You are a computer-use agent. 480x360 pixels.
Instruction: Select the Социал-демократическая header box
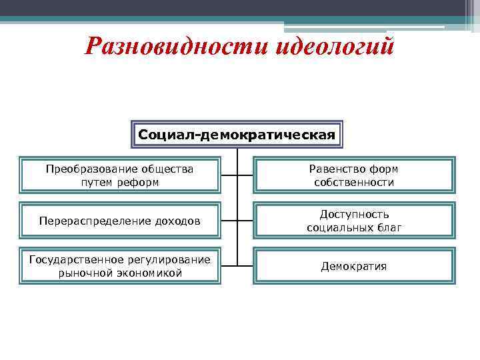tap(237, 135)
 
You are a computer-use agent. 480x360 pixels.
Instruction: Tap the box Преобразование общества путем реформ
tap(119, 175)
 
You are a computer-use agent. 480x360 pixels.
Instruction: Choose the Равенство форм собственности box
tap(354, 175)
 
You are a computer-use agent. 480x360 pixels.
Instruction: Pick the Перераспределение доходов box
tap(119, 221)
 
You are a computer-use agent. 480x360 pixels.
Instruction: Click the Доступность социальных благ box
tap(354, 221)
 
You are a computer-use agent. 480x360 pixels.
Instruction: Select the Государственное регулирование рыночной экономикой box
tap(119, 266)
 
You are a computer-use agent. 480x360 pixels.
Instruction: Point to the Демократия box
tap(354, 266)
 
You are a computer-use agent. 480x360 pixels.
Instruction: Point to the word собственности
tap(354, 182)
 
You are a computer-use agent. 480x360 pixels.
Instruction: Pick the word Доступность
tap(354, 215)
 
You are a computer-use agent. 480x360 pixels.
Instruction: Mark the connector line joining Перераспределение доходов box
tap(229, 221)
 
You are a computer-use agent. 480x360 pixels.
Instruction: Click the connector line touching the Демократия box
tap(245, 266)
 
